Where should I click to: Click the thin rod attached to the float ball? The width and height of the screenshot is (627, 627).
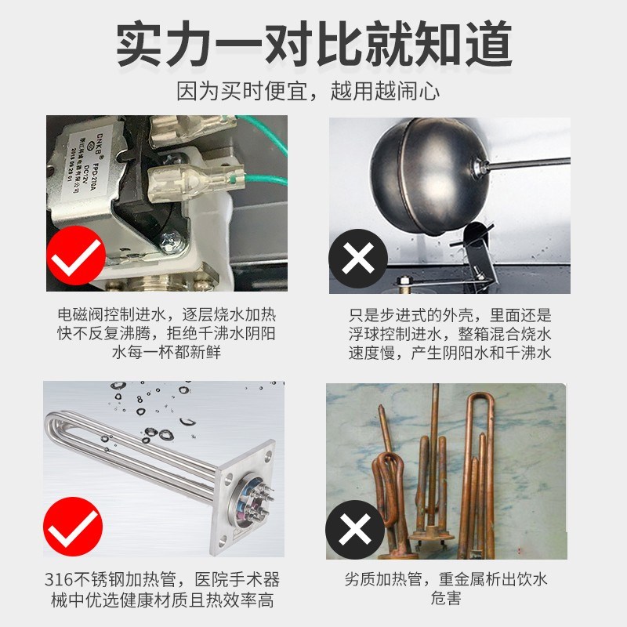(533, 165)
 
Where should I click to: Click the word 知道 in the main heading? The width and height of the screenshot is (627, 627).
(470, 42)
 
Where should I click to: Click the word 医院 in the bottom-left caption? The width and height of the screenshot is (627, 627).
(207, 581)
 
